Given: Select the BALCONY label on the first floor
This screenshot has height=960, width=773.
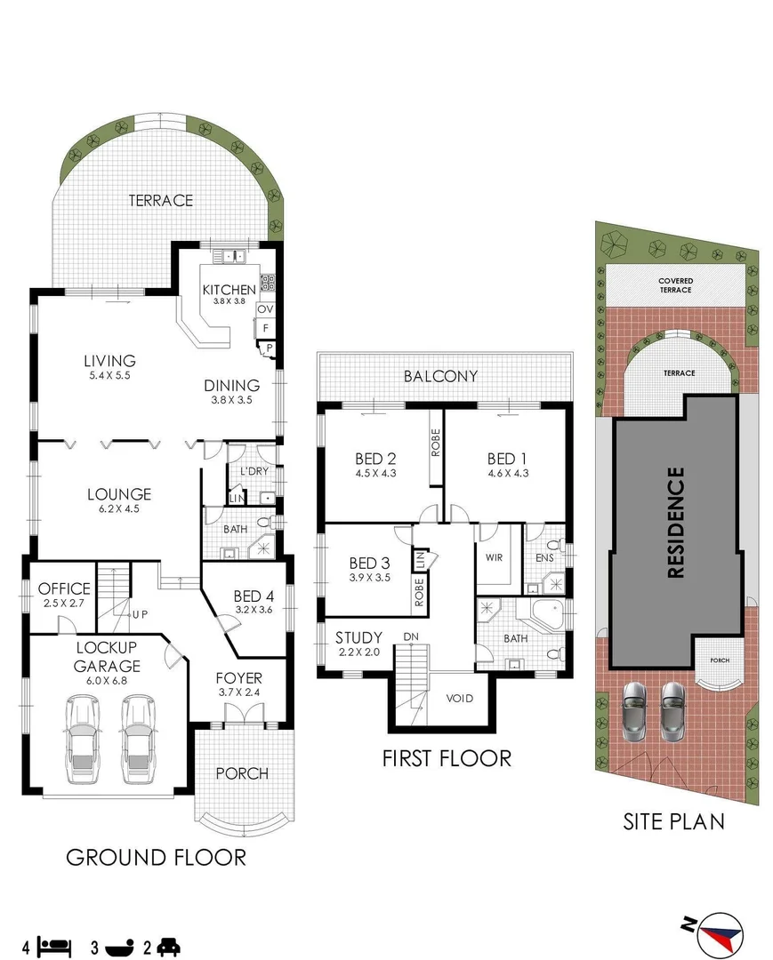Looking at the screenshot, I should pos(440,376).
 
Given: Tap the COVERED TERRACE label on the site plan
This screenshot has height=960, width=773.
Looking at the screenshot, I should pos(675,285).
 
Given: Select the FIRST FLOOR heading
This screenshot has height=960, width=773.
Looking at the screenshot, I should pos(447,758).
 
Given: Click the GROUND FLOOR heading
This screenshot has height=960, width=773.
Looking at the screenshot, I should pos(157,857).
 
